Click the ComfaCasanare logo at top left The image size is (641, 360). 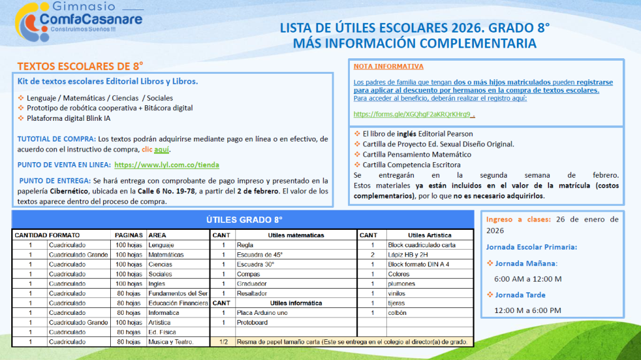[x=79, y=20]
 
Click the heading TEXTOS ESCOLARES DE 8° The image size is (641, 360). [x=80, y=66]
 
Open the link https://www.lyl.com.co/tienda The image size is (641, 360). [x=167, y=165]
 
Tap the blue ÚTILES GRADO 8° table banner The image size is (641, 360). [x=244, y=220]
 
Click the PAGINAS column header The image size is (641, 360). [x=129, y=235]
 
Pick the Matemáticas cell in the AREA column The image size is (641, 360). [x=166, y=255]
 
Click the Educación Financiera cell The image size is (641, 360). [x=178, y=303]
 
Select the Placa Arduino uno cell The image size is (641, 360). [x=262, y=313]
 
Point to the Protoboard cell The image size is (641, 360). [x=252, y=322]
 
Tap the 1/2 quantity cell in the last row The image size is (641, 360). [x=223, y=342]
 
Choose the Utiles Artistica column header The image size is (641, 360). [x=429, y=235]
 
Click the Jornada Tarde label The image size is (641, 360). [x=520, y=295]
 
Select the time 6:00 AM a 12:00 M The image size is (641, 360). [x=528, y=279]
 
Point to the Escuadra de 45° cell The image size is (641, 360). [x=260, y=255]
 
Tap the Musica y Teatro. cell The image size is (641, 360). [x=171, y=342]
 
